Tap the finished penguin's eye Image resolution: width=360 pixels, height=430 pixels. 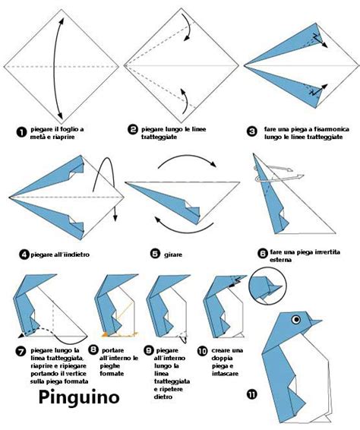click(296, 320)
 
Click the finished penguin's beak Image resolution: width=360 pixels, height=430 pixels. click(315, 321)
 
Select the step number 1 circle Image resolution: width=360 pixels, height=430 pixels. click(21, 132)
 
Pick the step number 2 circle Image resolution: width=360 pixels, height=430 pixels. click(133, 129)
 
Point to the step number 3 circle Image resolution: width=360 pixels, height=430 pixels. click(251, 131)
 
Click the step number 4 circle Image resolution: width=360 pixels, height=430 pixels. click(24, 255)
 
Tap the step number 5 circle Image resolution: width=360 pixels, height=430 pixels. click(155, 254)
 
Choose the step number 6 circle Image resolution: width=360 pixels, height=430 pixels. click(263, 253)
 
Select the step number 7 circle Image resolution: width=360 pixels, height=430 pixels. click(21, 352)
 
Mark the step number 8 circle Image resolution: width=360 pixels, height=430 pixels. click(93, 349)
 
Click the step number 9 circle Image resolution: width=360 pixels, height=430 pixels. click(149, 350)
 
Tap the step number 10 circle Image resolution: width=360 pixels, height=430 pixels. click(203, 351)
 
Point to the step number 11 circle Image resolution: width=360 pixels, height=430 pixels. click(252, 394)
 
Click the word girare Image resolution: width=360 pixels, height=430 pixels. click(173, 255)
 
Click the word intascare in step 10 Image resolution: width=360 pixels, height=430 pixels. click(225, 374)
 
